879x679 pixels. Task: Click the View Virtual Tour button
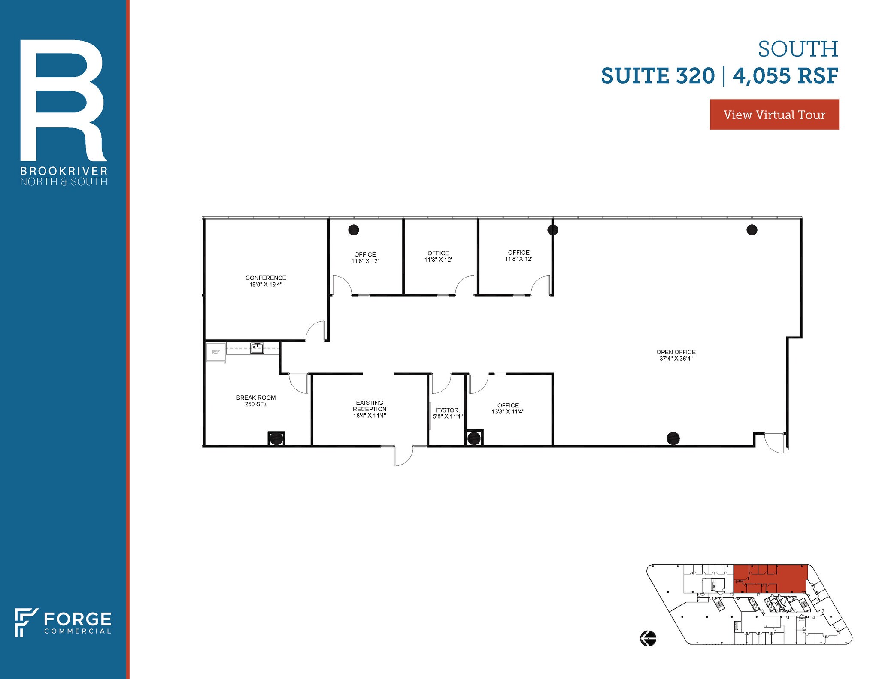774,115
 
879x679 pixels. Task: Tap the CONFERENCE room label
266,278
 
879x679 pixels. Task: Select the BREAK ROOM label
256,398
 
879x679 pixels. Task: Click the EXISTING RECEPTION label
370,406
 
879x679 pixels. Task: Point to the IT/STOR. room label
448,410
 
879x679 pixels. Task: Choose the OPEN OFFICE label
676,352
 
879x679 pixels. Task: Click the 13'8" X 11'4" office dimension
508,412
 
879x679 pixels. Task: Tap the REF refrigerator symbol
216,352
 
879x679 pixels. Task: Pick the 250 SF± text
256,404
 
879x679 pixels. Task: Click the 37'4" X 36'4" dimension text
676,359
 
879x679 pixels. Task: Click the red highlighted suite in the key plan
770,579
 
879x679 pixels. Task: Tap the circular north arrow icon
648,638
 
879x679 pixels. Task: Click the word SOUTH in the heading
797,49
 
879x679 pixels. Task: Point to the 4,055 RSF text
785,76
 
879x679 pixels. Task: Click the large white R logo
63,100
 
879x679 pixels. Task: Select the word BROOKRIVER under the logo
64,171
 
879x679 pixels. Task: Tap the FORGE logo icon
26,622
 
